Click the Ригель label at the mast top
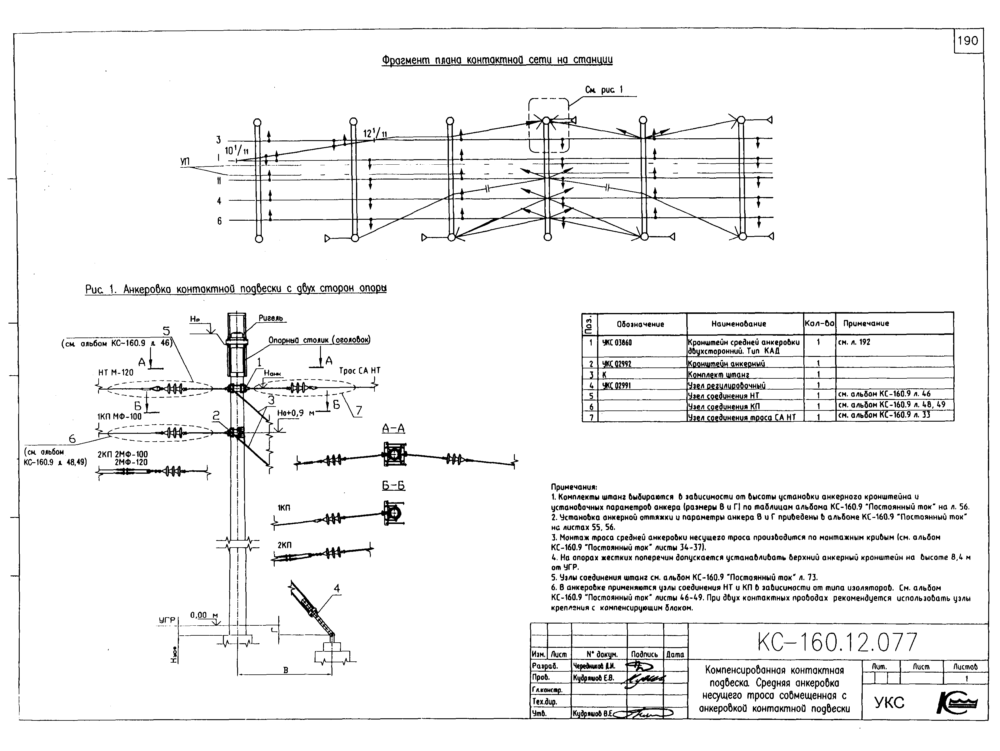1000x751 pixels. point(270,318)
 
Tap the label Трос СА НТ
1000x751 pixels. point(359,371)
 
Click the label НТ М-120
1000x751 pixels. point(116,372)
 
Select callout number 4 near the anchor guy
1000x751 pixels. point(336,588)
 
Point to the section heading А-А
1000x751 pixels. point(393,428)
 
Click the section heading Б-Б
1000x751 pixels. point(393,486)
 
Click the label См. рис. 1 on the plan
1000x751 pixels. point(603,90)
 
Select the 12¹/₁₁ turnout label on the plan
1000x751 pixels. point(375,133)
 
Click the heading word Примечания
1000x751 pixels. point(573,487)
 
